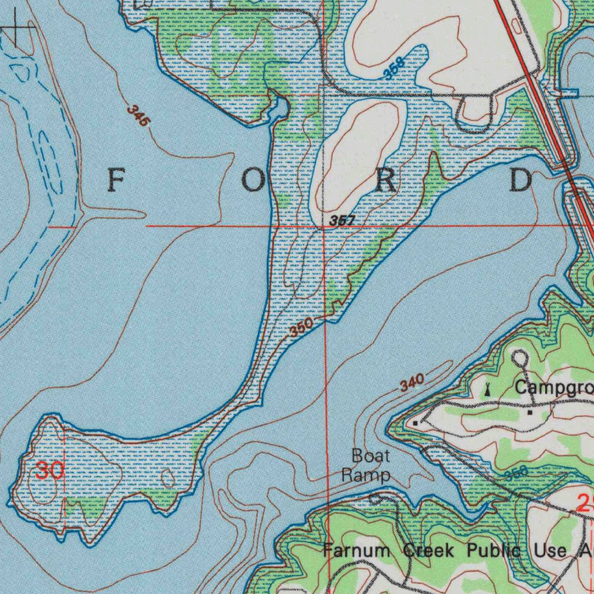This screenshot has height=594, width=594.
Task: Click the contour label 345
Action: pyautogui.click(x=139, y=116)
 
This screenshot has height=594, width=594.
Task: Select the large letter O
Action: pyautogui.click(x=252, y=182)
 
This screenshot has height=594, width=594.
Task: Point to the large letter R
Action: pyautogui.click(x=386, y=182)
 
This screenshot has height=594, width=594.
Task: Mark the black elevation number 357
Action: pyautogui.click(x=342, y=221)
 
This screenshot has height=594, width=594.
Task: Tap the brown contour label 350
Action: pyautogui.click(x=302, y=328)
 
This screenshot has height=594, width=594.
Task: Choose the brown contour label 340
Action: pyautogui.click(x=412, y=383)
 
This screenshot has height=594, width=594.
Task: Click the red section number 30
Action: pyautogui.click(x=50, y=470)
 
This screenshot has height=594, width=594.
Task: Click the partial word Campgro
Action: pyautogui.click(x=554, y=387)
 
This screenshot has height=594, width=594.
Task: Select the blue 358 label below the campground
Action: pyautogui.click(x=516, y=473)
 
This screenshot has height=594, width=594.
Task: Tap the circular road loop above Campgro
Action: pyautogui.click(x=520, y=358)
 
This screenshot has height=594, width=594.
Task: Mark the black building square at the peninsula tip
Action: pyautogui.click(x=416, y=423)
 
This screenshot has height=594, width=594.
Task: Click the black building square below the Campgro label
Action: pyautogui.click(x=530, y=412)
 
